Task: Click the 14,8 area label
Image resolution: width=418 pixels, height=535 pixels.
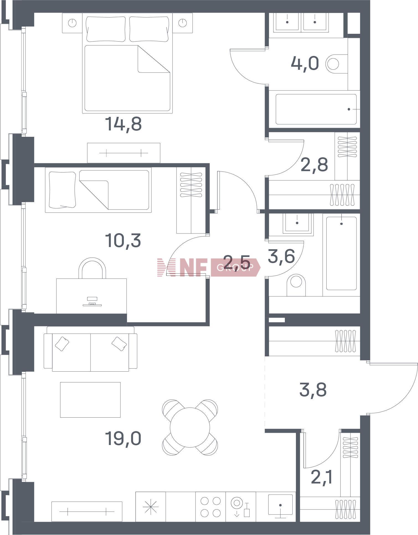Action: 123,124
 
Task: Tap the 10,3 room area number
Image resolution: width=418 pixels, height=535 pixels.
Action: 123,240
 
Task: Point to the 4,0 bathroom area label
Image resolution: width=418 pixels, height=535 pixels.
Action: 305,63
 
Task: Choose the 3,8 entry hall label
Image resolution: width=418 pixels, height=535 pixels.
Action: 313,389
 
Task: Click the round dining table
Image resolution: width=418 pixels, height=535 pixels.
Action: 190,428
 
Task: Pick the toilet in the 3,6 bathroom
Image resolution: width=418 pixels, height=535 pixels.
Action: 296,285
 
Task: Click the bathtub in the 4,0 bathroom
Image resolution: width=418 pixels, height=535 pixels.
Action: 316,109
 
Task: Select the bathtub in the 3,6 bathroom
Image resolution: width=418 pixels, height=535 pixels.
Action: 341,253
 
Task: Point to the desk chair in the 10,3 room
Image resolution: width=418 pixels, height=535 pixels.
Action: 92,268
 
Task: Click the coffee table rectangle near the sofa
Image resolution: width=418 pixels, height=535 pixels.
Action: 90,400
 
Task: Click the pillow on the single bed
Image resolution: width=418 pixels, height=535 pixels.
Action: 62,190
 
